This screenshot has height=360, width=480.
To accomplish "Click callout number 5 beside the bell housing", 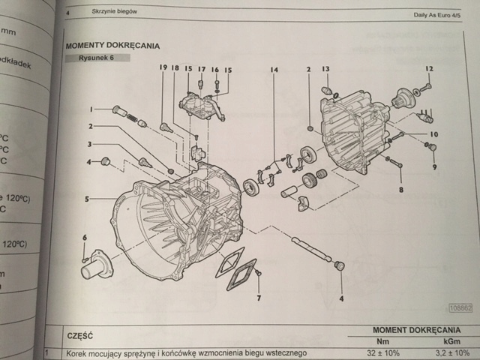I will (88, 199).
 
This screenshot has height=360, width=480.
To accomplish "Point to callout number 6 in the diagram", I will (85, 238).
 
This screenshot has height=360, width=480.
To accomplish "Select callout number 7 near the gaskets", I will (258, 298).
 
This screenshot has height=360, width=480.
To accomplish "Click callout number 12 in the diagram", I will (430, 69).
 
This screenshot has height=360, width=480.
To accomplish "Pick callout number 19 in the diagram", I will (161, 68).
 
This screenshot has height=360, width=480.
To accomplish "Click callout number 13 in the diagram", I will (325, 69).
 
